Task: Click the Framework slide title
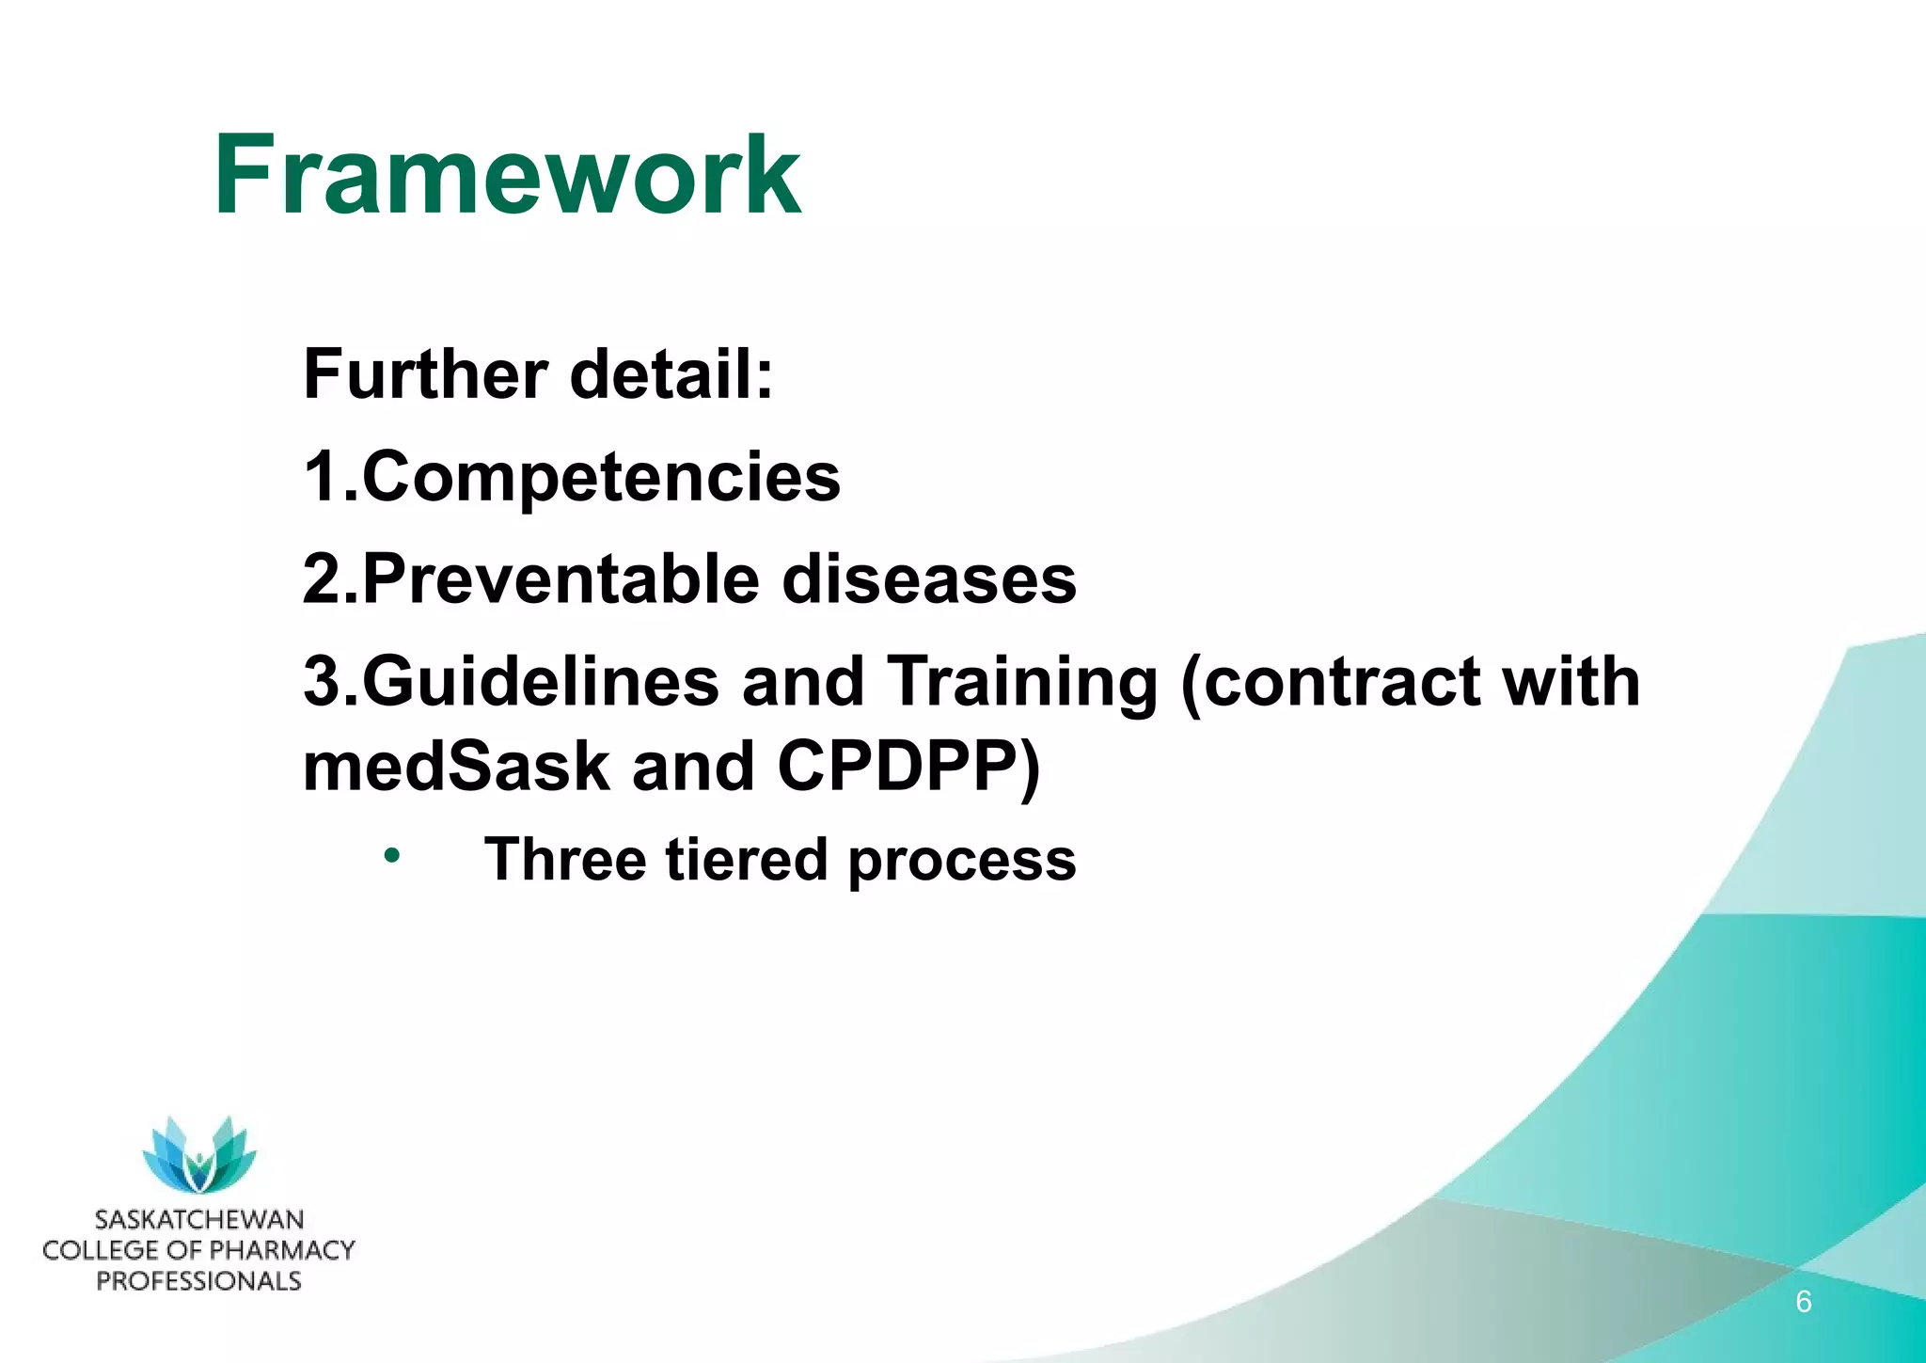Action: [508, 177]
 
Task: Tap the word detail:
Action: [671, 374]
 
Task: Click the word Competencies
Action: [601, 477]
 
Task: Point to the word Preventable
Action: [560, 578]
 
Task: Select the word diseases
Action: [929, 578]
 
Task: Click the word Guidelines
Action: [540, 681]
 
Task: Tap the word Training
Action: [1021, 681]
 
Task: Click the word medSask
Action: [456, 766]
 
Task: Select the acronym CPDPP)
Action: [908, 766]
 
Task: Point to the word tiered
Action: [747, 860]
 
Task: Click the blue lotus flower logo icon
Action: [199, 1155]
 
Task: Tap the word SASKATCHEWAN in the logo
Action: [199, 1220]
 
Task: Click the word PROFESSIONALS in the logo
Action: [199, 1281]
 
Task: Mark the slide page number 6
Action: [1803, 1302]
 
